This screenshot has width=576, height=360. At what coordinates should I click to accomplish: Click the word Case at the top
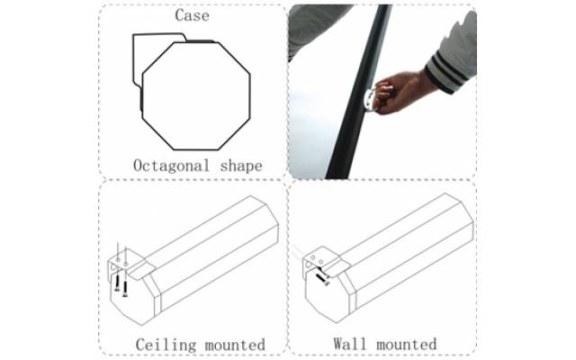pyautogui.click(x=192, y=15)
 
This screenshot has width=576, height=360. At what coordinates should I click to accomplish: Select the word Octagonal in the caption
pyautogui.click(x=171, y=166)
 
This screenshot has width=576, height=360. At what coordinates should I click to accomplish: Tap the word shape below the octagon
pyautogui.click(x=241, y=166)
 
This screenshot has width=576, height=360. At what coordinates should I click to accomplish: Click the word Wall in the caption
pyautogui.click(x=350, y=344)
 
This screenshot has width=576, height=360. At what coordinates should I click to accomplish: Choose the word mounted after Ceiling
pyautogui.click(x=235, y=345)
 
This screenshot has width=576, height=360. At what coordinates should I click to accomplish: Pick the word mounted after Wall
pyautogui.click(x=407, y=344)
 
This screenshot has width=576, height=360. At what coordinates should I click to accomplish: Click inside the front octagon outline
pyautogui.click(x=196, y=96)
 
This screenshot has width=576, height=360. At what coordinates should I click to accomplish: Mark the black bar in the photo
pyautogui.click(x=359, y=92)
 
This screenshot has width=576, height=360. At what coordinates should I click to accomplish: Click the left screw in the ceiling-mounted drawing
pyautogui.click(x=117, y=282)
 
